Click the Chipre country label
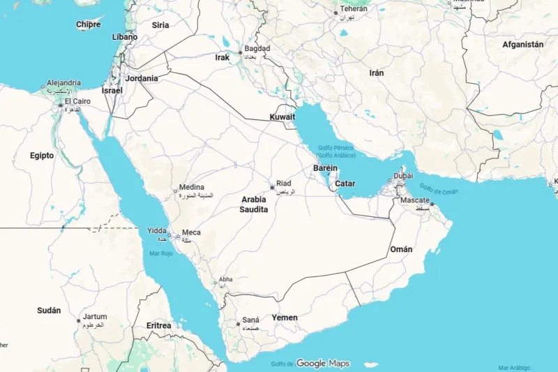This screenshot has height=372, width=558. pos(88,24)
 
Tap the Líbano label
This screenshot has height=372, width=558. pos(125,36)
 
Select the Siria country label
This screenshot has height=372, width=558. pos(160,25)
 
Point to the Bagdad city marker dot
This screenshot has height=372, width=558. pos(241,52)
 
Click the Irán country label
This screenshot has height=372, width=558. pos(377,73)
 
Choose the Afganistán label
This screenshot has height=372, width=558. pos(522,44)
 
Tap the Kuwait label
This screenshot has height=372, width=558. pos(282,117)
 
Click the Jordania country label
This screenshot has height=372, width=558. pos(142,78)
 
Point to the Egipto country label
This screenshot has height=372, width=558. pos(42,155)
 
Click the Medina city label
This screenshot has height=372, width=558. pos(191,187)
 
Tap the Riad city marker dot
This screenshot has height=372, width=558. pos(272,187)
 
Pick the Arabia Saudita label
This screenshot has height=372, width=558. pos(253,204)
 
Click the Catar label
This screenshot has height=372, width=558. pos(345,184)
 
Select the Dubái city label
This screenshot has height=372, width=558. pos(403,176)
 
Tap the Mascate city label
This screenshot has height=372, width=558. pos(415,200)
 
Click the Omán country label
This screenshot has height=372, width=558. pos(401,249)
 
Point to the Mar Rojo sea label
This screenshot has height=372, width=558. pos(161,253)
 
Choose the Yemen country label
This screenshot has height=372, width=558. pos(285,318)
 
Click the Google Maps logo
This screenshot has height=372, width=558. pos(322,363)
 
